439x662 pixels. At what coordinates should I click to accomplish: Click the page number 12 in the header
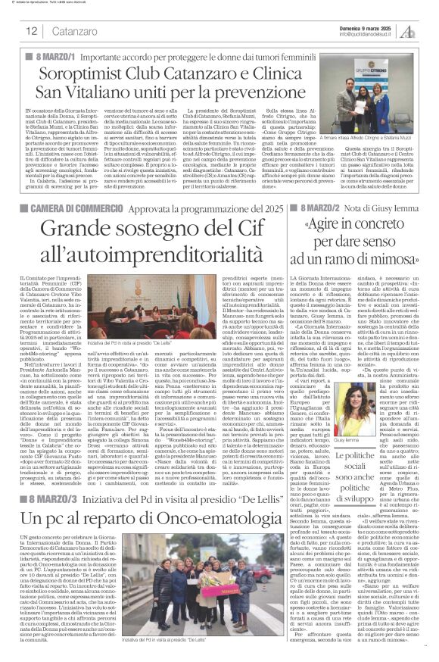point(31,31)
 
